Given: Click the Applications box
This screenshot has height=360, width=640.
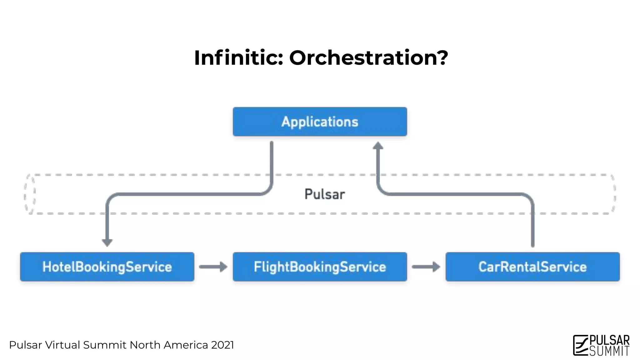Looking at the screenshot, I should pyautogui.click(x=320, y=122).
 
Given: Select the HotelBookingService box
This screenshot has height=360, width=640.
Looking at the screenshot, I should pyautogui.click(x=107, y=267).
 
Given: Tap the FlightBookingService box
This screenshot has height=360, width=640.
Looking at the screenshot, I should pyautogui.click(x=320, y=267).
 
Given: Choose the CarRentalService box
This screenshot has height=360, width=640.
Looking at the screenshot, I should pyautogui.click(x=532, y=267).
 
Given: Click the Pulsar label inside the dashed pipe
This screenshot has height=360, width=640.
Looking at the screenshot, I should pyautogui.click(x=325, y=194).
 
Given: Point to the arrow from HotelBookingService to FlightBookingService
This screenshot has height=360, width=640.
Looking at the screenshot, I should pyautogui.click(x=213, y=267).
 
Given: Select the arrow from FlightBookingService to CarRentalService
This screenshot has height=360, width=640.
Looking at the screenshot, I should pyautogui.click(x=426, y=267).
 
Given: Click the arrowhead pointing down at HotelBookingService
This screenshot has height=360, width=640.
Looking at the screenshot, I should pyautogui.click(x=107, y=242).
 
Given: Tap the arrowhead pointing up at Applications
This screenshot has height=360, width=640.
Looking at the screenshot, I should pyautogui.click(x=378, y=146).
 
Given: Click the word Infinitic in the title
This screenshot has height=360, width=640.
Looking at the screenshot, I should pyautogui.click(x=238, y=58).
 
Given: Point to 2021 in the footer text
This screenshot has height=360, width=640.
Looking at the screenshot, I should pyautogui.click(x=222, y=345).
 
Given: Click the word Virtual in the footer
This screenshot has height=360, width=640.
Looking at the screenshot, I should pyautogui.click(x=62, y=345).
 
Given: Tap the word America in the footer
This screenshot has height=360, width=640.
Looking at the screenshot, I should pyautogui.click(x=186, y=345).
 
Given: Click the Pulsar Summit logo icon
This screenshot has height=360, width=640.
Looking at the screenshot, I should pyautogui.click(x=580, y=345).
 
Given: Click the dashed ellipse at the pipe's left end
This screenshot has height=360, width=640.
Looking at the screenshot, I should pyautogui.click(x=30, y=194).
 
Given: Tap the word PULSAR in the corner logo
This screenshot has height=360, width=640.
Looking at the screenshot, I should pyautogui.click(x=609, y=340).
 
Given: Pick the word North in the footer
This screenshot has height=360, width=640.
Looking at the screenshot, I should pyautogui.click(x=145, y=345).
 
